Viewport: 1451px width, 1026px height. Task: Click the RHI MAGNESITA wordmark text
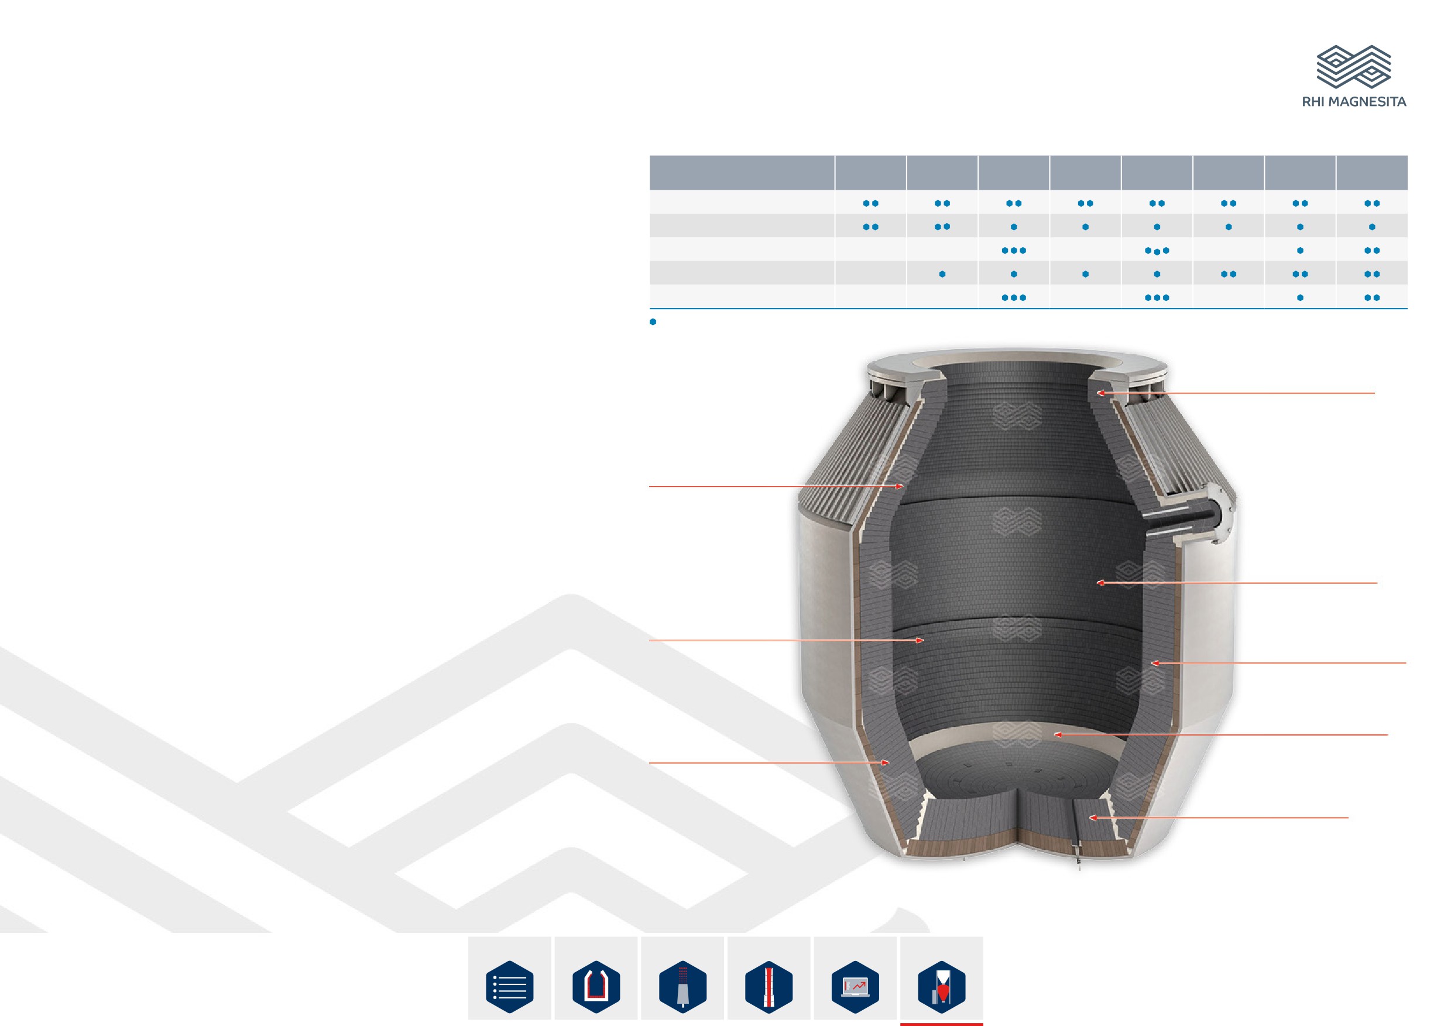pyautogui.click(x=1354, y=102)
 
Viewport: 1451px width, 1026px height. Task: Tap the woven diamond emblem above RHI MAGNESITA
pyautogui.click(x=1354, y=66)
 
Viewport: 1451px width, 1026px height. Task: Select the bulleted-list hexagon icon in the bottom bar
pyautogui.click(x=509, y=986)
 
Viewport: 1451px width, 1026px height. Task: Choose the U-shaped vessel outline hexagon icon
pyautogui.click(x=596, y=986)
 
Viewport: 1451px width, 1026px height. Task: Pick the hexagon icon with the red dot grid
pyautogui.click(x=682, y=986)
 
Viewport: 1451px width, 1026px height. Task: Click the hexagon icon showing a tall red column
pyautogui.click(x=769, y=986)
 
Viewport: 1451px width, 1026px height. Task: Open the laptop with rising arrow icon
pyautogui.click(x=856, y=986)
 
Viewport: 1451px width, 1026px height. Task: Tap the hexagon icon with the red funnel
pyautogui.click(x=942, y=986)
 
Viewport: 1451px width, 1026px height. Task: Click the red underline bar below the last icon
pyautogui.click(x=942, y=1024)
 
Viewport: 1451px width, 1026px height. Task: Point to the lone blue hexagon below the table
pyautogui.click(x=653, y=322)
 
